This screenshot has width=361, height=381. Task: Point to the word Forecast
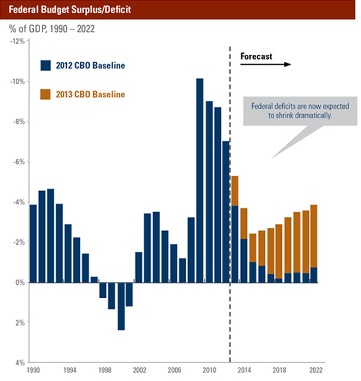257,56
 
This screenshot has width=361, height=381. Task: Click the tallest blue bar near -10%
199,180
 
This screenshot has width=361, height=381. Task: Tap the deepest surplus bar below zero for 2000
121,306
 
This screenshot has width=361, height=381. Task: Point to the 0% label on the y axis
20,283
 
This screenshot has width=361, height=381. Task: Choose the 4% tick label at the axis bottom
20,363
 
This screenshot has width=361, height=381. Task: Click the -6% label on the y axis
19,162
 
